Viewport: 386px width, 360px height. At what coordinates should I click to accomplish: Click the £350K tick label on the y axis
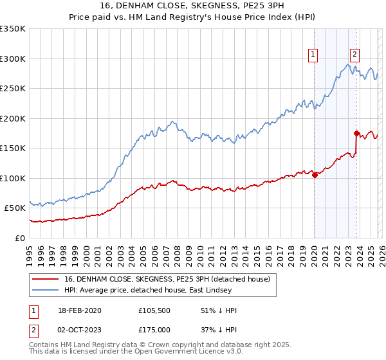[x=13, y=29]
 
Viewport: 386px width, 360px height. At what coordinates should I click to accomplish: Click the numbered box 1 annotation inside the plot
[x=313, y=55]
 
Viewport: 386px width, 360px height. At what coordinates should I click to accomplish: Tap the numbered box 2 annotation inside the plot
[x=354, y=55]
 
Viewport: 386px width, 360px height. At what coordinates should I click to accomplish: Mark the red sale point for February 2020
[x=315, y=175]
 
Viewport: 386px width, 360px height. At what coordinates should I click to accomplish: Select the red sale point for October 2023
[x=356, y=134]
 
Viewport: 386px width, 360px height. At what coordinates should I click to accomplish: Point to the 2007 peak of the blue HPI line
[x=172, y=121]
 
